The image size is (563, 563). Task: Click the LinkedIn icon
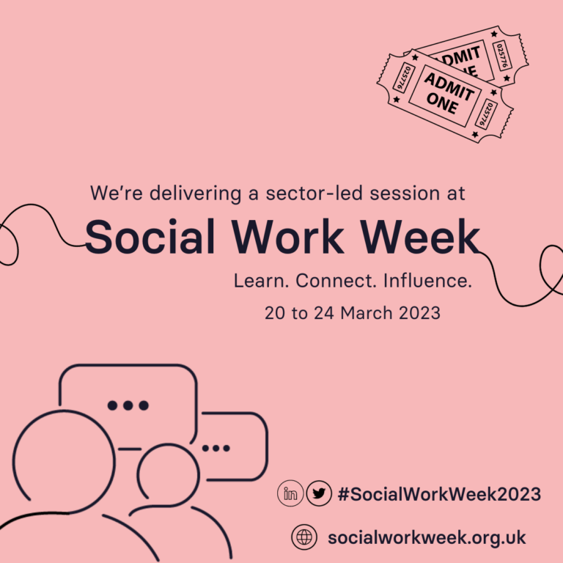[x=290, y=493]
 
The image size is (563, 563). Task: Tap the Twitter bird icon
[x=319, y=493]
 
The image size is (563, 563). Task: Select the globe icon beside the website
[x=304, y=537]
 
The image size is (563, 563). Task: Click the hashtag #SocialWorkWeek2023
[x=439, y=494]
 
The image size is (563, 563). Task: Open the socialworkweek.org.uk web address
[x=427, y=538]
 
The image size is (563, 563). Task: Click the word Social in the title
[x=150, y=237]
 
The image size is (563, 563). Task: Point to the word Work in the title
[x=287, y=237]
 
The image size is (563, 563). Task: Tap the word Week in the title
[x=420, y=237]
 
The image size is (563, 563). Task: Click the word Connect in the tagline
[x=336, y=281]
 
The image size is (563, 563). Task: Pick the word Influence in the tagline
[x=427, y=281]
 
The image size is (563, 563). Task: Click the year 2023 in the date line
[x=419, y=313]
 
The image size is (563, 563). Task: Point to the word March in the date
[x=367, y=313]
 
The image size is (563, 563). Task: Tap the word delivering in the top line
[x=195, y=194]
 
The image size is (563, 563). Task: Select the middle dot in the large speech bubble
[x=128, y=405]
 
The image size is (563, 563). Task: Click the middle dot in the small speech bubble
[x=216, y=448]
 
